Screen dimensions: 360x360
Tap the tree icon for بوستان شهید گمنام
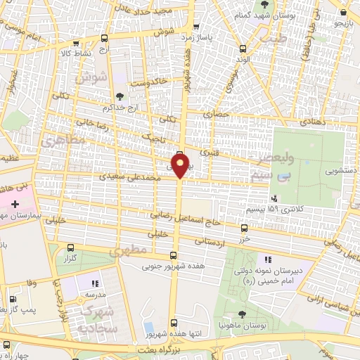[x=255, y=6]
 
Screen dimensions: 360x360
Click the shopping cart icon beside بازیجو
[x=344, y=12]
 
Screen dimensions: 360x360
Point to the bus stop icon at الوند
[x=243, y=49]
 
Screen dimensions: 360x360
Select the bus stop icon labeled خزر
[x=244, y=228]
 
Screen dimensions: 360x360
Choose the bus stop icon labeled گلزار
[x=71, y=247]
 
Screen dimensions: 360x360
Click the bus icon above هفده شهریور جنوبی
[x=174, y=256]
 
